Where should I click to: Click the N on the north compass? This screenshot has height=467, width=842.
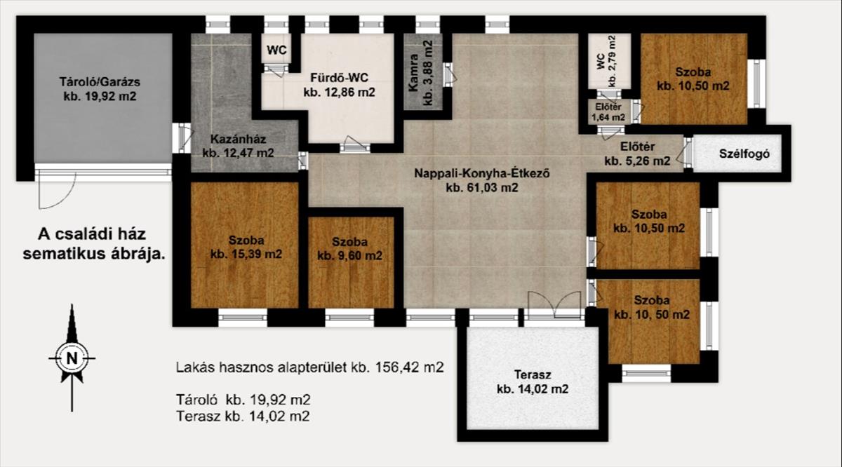72,358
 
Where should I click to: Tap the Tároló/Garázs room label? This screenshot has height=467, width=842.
100,82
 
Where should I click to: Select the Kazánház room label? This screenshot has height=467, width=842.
238,139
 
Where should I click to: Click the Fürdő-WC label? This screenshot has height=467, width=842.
339,78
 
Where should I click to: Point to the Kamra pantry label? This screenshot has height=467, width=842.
413,73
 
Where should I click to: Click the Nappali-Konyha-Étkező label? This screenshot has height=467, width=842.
482,173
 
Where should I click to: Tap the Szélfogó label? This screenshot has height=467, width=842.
744,154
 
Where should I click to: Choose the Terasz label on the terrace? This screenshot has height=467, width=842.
533,374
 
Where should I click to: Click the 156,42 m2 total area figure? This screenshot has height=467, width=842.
410,367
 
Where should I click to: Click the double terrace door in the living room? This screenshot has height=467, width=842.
554,305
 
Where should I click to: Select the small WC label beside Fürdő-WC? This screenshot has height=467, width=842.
276,50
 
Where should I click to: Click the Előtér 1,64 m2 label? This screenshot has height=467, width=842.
608,112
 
